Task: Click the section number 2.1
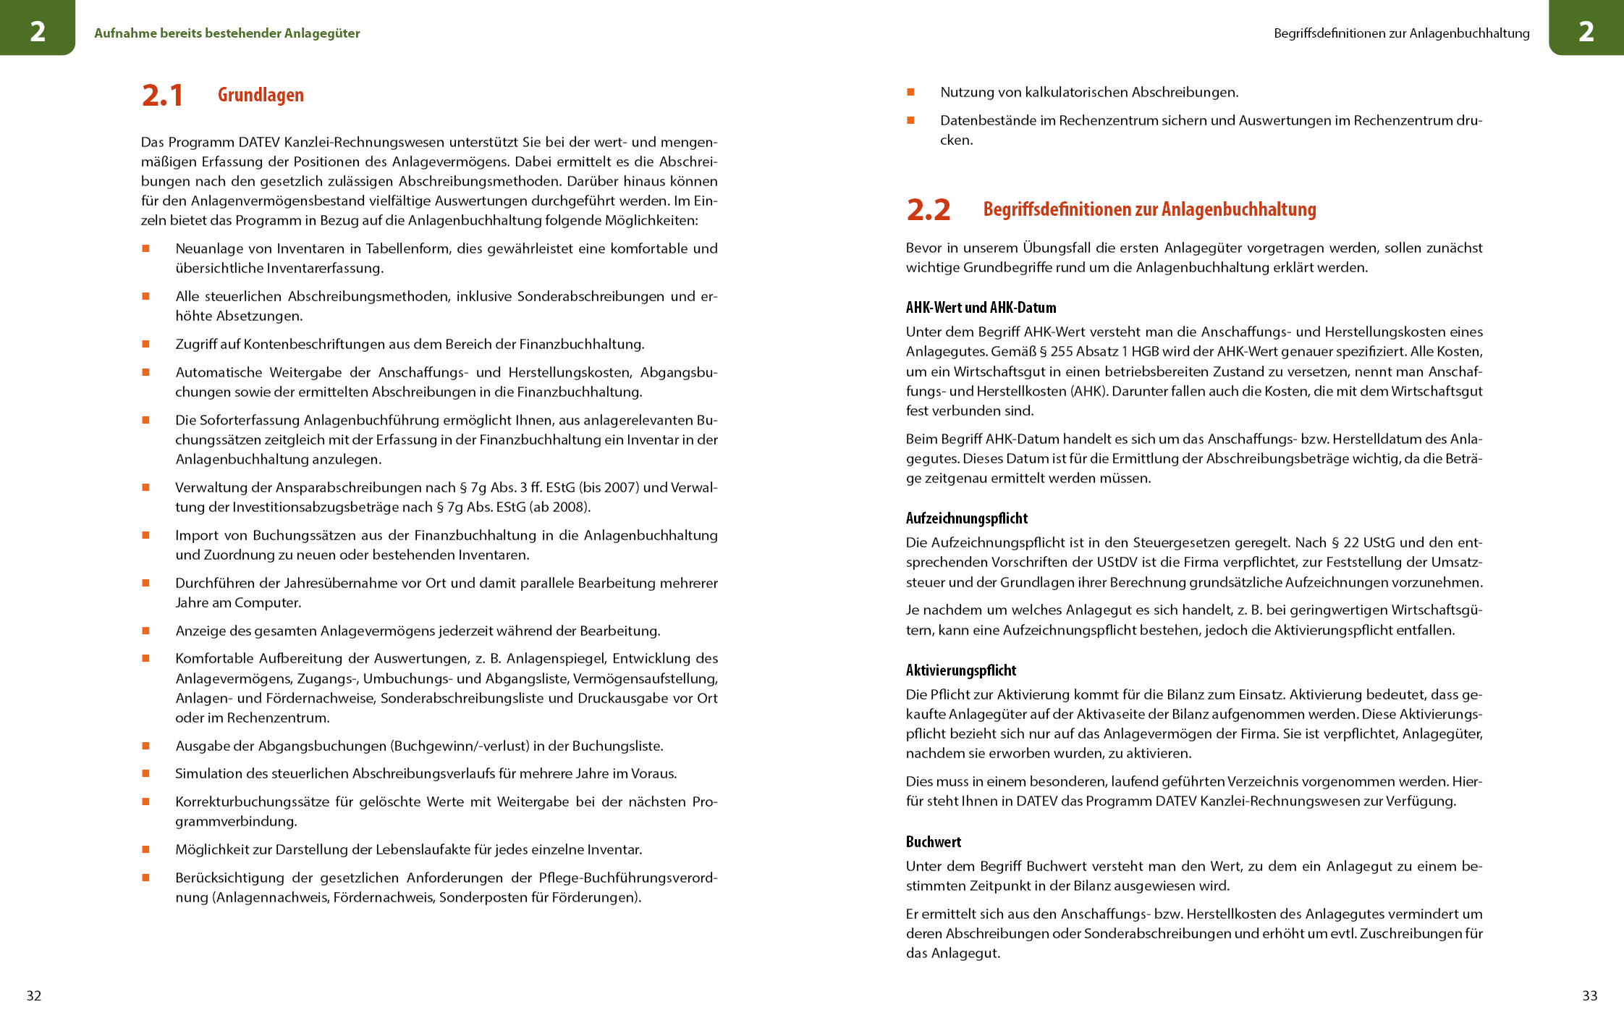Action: pyautogui.click(x=162, y=96)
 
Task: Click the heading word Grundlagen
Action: pyautogui.click(x=261, y=95)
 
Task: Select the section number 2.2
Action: pyautogui.click(x=928, y=210)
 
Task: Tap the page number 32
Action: pyautogui.click(x=34, y=996)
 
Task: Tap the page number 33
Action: pyautogui.click(x=1589, y=996)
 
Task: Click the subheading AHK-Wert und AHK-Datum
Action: pyautogui.click(x=981, y=308)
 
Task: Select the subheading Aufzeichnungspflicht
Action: pyautogui.click(x=967, y=518)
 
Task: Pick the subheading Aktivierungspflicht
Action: pyautogui.click(x=961, y=670)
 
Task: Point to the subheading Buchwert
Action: pyautogui.click(x=934, y=842)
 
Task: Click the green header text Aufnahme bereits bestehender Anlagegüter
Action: pyautogui.click(x=227, y=33)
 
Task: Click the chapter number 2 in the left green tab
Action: pyautogui.click(x=38, y=31)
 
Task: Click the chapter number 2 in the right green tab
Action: pyautogui.click(x=1586, y=31)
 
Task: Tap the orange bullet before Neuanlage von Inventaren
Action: pyautogui.click(x=145, y=248)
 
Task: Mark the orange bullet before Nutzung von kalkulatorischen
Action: pyautogui.click(x=910, y=92)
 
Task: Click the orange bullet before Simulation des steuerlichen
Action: pyautogui.click(x=145, y=773)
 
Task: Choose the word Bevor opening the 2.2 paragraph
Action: pyautogui.click(x=923, y=248)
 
